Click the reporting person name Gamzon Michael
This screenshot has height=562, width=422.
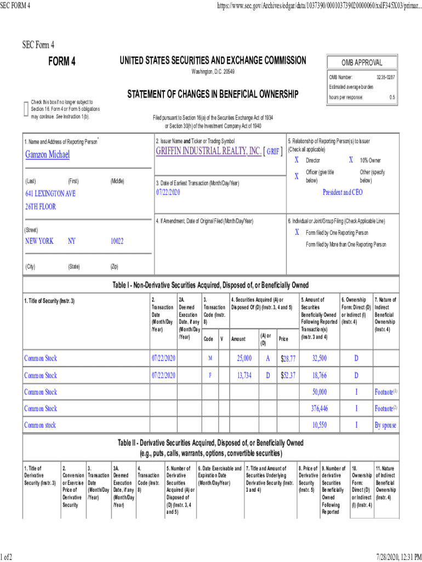48,155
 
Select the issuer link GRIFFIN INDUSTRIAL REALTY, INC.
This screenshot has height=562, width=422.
208,151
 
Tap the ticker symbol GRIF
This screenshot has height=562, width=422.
273,152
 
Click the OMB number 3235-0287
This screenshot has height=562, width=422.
386,77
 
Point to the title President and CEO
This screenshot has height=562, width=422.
342,193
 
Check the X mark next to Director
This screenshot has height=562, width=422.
296,160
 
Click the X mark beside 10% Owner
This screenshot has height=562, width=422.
351,160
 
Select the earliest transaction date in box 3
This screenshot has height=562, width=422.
168,193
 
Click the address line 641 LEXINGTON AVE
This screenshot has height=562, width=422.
50,194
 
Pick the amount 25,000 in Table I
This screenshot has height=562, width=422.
244,358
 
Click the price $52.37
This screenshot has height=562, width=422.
288,375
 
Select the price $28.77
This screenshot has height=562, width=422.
288,358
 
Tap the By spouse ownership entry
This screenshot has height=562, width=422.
386,425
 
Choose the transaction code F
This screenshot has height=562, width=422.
210,375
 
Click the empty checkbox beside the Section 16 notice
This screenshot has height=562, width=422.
26,109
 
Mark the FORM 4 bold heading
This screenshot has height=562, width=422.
62,61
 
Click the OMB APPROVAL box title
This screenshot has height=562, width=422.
362,63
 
